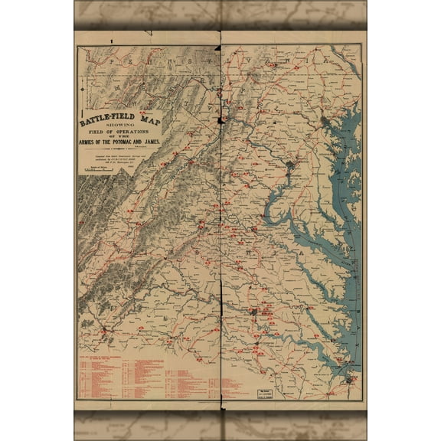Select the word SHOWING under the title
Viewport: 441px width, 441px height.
point(122,125)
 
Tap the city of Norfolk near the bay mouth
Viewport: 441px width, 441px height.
point(349,378)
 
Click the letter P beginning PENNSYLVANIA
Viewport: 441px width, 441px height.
point(111,59)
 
